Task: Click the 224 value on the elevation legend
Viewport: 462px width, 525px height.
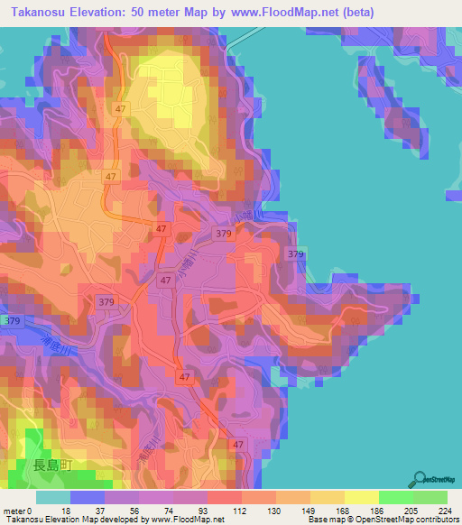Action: click(x=443, y=511)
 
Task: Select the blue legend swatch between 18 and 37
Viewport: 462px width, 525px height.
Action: click(x=88, y=497)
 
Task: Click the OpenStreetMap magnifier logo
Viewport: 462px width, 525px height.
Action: click(x=420, y=480)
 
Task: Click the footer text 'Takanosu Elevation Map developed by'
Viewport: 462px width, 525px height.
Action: click(x=75, y=520)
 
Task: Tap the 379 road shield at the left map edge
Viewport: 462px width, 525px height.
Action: click(x=12, y=321)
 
